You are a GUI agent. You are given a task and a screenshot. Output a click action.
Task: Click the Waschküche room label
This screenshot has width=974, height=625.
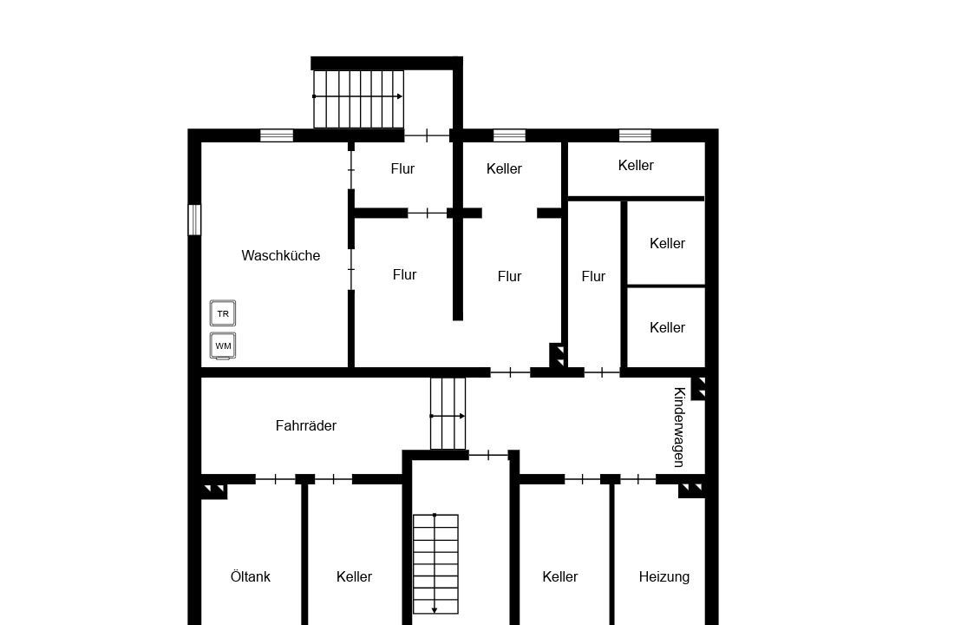click(281, 255)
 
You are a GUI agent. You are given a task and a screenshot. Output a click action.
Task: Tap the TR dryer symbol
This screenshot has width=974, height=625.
click(222, 313)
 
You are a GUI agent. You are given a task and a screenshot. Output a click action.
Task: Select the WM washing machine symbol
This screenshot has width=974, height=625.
click(222, 345)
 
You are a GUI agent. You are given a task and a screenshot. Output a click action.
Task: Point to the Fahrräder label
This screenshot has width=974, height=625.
click(305, 426)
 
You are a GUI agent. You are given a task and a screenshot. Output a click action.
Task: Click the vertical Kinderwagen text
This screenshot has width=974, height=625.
click(679, 426)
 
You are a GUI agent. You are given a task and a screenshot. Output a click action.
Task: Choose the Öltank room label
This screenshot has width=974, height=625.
click(251, 577)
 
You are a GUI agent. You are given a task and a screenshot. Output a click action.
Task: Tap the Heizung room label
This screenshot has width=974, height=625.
click(664, 577)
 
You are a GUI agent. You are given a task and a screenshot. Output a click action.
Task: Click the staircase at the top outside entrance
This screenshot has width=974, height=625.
click(358, 99)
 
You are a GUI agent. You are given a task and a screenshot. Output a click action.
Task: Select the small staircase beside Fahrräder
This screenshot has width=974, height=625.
click(448, 413)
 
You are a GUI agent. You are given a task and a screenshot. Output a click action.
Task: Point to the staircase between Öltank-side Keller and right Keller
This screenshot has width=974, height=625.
click(435, 564)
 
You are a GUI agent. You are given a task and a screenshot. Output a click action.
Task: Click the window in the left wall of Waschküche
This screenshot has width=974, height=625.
click(194, 220)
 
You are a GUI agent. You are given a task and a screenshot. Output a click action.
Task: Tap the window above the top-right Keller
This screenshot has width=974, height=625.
click(635, 135)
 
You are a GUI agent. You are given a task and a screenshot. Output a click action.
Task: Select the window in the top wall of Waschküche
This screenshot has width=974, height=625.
click(277, 135)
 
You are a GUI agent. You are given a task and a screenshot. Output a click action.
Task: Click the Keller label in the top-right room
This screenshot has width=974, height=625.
click(636, 166)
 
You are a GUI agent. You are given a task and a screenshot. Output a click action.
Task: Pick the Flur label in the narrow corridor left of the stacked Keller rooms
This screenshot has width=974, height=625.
click(593, 276)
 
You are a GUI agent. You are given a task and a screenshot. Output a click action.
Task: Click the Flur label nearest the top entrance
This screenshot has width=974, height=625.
click(402, 168)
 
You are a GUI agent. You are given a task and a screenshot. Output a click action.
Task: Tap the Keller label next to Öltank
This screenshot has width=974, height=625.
click(354, 577)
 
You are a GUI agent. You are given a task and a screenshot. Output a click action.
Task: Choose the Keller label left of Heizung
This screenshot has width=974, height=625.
click(559, 577)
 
